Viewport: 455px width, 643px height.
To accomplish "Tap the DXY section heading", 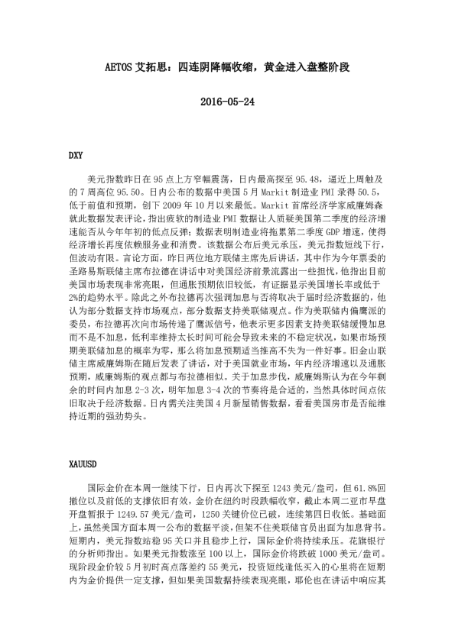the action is (x=76, y=155).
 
